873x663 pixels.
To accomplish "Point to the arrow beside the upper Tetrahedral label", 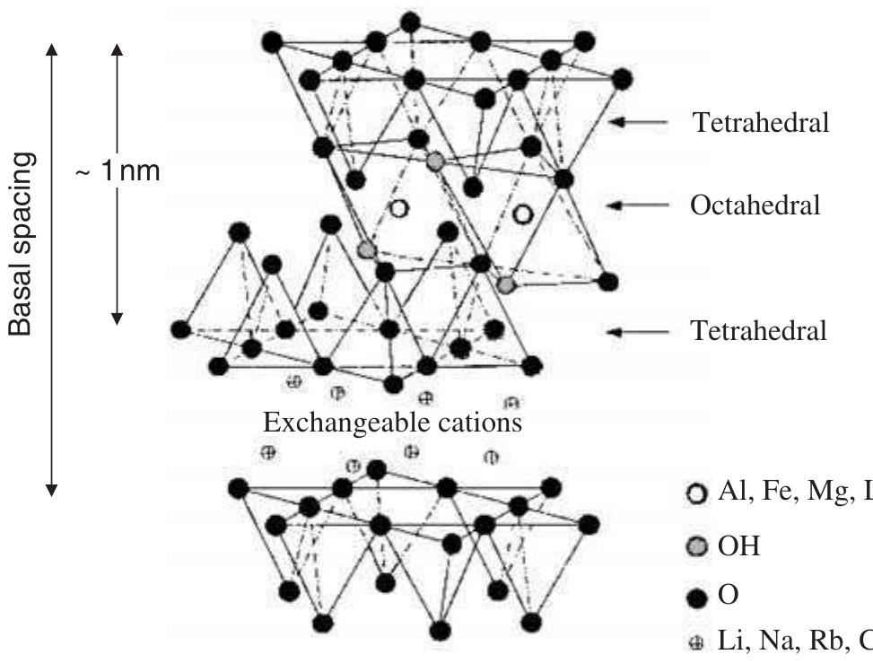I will tap(637, 123).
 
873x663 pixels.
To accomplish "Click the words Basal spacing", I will tap(22, 243).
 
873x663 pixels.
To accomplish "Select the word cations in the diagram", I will tap(484, 422).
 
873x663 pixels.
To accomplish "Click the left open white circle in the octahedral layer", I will tap(399, 208).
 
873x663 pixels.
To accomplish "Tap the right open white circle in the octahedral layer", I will tap(522, 214).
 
